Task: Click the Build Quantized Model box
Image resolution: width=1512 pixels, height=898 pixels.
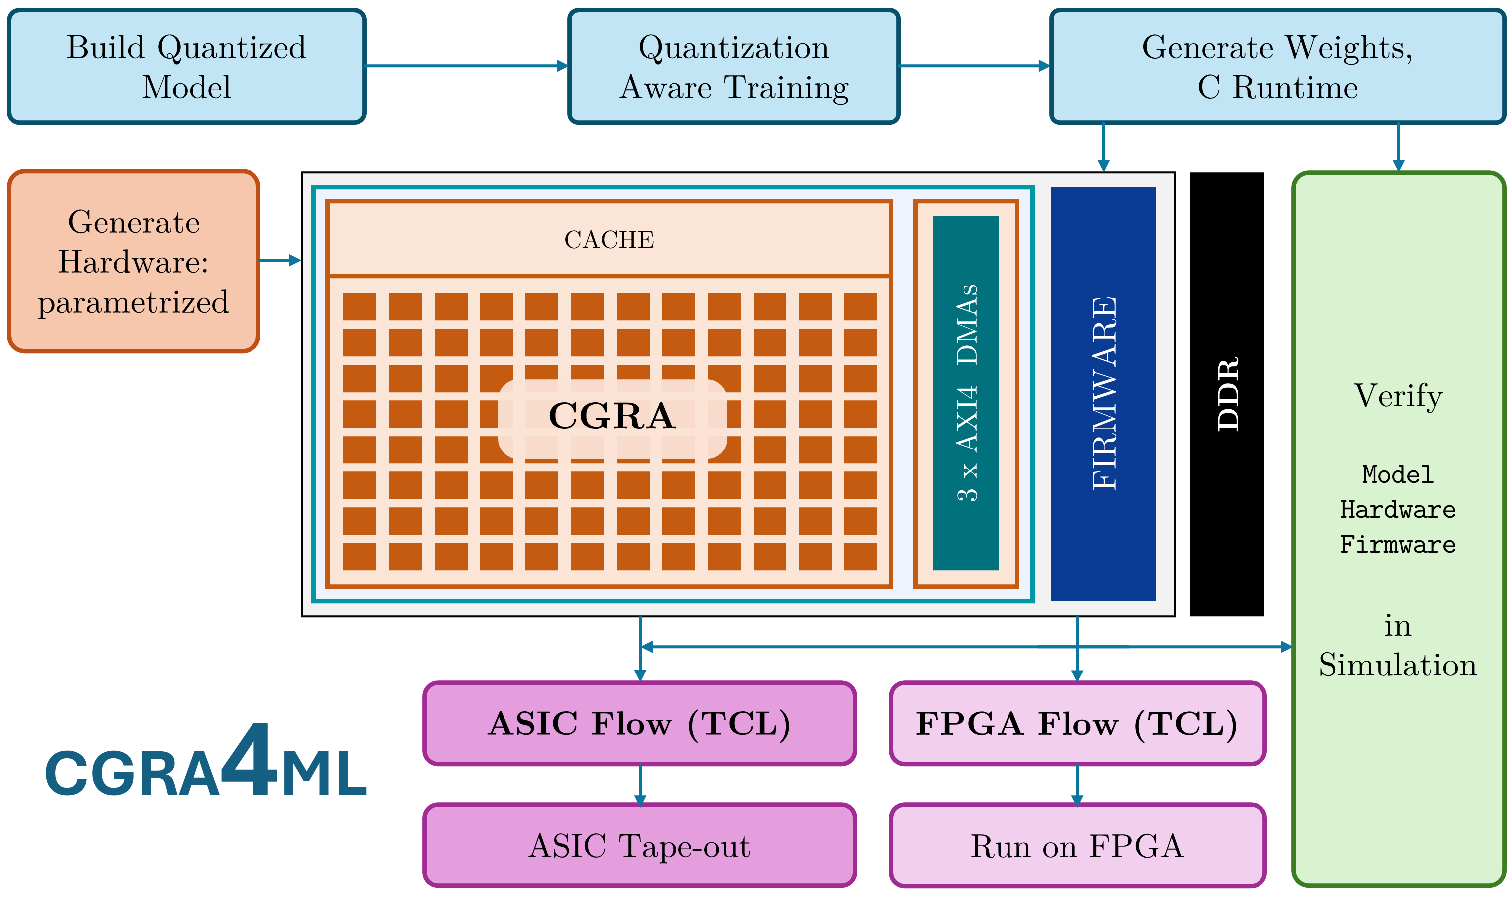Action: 187,66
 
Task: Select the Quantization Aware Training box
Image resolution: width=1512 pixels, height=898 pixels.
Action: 734,66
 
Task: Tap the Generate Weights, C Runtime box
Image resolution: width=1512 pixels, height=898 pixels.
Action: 1278,66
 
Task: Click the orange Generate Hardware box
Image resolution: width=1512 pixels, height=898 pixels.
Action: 134,261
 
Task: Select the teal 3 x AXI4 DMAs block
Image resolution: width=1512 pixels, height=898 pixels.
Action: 966,393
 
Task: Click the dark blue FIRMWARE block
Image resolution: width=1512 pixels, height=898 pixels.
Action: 1103,393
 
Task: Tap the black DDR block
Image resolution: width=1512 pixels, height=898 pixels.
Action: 1227,394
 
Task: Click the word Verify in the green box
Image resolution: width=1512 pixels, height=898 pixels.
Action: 1398,396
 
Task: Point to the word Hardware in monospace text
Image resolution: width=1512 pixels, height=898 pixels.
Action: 1398,509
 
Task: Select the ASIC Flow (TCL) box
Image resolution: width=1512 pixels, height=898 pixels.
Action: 640,724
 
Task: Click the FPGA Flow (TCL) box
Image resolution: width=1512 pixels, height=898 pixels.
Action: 1077,724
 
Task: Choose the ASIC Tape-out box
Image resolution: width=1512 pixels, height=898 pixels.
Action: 640,845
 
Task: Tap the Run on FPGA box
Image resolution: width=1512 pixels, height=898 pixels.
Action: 1077,845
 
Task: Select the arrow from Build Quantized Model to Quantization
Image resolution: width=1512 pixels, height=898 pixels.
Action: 467,66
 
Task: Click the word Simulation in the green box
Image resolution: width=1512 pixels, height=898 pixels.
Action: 1398,665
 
